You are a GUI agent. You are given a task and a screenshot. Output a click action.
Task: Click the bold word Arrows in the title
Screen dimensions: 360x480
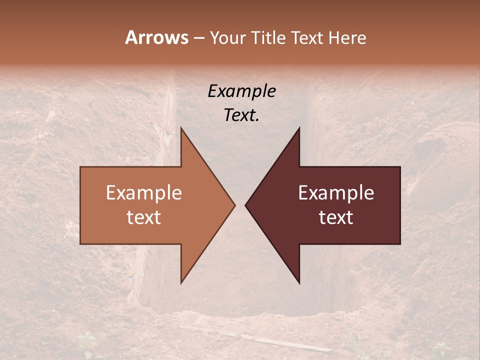[x=156, y=37]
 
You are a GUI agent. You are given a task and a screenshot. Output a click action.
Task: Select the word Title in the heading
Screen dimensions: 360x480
[x=268, y=38]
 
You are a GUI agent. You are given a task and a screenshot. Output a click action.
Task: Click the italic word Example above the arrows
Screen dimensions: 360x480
[x=241, y=91]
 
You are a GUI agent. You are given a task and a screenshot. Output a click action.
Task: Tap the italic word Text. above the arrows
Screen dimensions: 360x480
[x=241, y=115]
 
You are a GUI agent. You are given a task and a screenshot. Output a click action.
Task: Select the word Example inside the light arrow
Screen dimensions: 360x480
[x=144, y=193]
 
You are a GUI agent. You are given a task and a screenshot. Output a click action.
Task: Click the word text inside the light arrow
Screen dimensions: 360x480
[x=144, y=217]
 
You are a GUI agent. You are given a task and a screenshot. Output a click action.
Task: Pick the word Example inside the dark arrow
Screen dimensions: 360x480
[x=336, y=193]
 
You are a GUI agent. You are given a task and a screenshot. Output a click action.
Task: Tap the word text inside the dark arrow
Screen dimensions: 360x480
[x=336, y=217]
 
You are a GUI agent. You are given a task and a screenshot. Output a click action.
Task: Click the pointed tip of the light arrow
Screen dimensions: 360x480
[x=234, y=205]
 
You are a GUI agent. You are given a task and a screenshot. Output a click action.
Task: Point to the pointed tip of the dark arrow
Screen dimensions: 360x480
[x=245, y=205]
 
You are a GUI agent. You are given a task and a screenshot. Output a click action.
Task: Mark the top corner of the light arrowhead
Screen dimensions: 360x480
[x=181, y=128]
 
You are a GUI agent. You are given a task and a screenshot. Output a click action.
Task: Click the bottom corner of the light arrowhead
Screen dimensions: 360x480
[x=181, y=283]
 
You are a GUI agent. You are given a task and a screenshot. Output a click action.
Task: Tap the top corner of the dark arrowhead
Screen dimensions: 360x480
[x=299, y=128]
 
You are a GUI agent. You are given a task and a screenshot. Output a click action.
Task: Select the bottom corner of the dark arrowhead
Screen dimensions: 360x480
[x=299, y=283]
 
